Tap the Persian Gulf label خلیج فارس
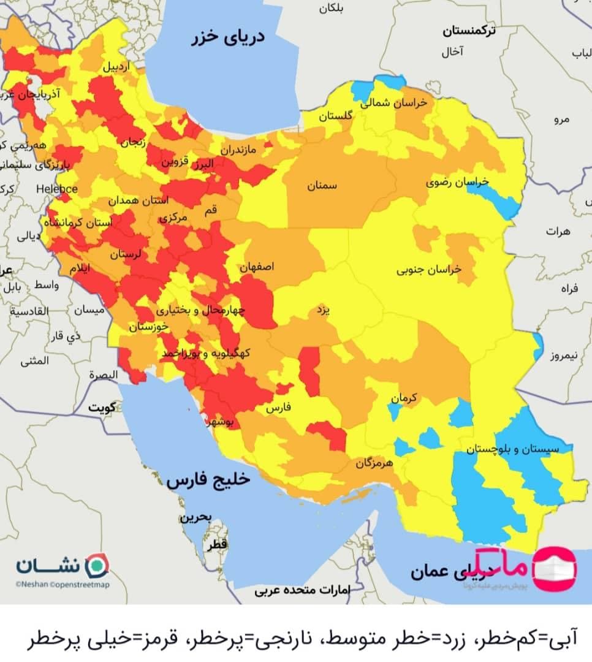(x=208, y=480)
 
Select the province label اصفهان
(x=257, y=267)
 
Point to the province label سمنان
(x=322, y=186)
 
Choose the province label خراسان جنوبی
(x=429, y=269)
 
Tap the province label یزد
(x=323, y=310)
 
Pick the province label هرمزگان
(x=373, y=463)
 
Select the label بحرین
(x=195, y=517)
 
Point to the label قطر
(x=217, y=544)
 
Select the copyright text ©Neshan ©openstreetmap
(x=63, y=585)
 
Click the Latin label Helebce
(x=57, y=189)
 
